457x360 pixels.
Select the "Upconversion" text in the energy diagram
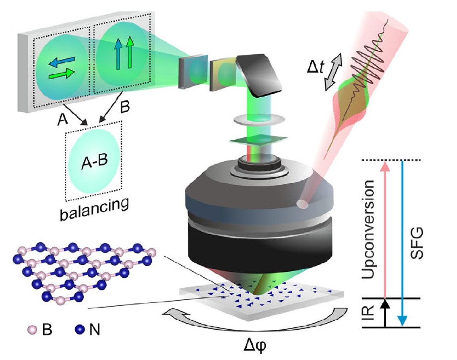[x=369, y=229]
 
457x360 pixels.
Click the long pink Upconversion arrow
[x=385, y=229]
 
